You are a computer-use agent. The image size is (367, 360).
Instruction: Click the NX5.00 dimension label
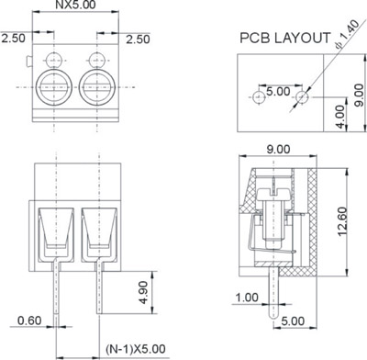pos(75,5)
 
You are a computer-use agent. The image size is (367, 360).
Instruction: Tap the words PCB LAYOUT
pos(285,38)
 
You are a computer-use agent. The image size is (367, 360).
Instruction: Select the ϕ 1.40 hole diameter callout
pos(347,34)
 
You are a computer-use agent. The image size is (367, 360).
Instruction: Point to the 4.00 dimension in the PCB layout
pos(339,117)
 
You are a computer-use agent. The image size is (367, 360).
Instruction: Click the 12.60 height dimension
pos(342,221)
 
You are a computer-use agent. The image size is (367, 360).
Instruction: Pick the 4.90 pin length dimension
pos(143,293)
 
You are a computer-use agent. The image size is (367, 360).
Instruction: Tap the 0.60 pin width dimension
pos(29,321)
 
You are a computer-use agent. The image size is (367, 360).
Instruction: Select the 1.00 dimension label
pos(247,298)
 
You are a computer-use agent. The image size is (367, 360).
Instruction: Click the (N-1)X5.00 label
pos(136,349)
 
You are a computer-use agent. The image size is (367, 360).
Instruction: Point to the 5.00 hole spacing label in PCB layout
pos(278,91)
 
